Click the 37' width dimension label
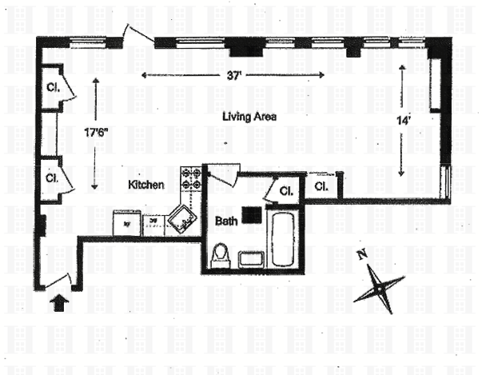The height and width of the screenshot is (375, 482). (232, 76)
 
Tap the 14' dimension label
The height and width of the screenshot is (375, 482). (404, 121)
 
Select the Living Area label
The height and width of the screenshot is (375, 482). (250, 117)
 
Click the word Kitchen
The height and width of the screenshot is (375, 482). (146, 185)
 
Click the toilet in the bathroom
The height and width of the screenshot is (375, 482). (220, 255)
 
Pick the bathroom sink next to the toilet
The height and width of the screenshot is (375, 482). (250, 258)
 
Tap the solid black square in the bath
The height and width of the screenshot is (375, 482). (253, 213)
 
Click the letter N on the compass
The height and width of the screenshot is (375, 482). (362, 256)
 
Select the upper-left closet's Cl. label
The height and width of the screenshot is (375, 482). (53, 87)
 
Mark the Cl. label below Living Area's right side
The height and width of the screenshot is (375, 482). (321, 186)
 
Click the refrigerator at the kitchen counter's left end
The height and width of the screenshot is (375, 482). (126, 221)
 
